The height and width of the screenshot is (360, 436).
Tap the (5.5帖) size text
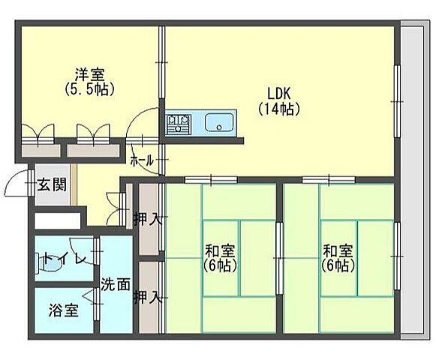point(89,88)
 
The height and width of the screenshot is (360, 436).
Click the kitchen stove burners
point(179,121)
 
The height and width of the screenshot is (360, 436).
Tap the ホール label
point(142,160)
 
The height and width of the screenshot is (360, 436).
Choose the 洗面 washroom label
point(116,284)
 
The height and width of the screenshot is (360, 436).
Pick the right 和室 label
point(338,251)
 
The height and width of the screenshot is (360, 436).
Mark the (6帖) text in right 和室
point(338,265)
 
